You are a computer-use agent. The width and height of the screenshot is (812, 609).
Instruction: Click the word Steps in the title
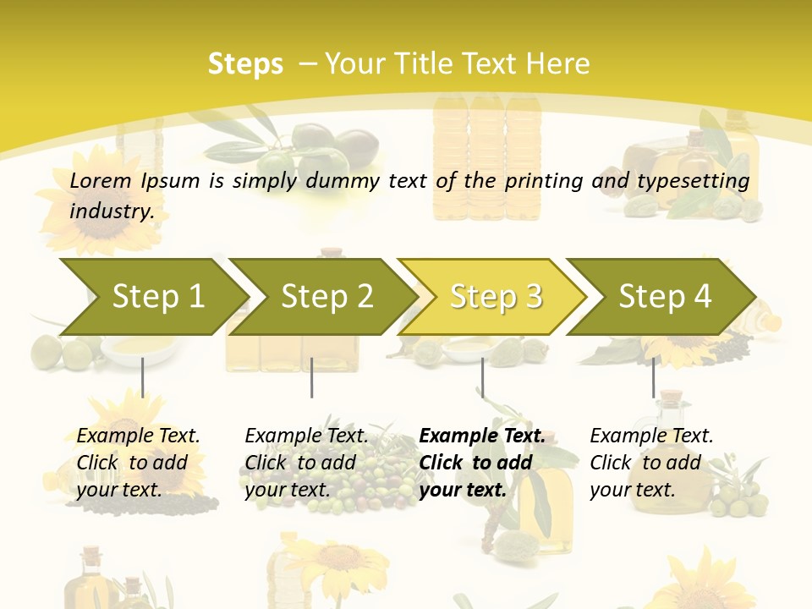245,64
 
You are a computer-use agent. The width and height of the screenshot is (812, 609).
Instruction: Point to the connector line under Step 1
142,377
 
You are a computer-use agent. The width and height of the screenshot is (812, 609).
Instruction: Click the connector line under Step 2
312,377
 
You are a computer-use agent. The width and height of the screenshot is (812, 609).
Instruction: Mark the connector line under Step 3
482,377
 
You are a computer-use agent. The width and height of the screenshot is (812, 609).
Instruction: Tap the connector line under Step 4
653,377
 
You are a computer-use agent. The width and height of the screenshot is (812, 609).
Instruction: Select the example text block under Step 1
138,463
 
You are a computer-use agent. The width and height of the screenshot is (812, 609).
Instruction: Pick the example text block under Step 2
306,463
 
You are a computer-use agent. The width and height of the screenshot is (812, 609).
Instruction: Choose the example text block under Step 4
651,463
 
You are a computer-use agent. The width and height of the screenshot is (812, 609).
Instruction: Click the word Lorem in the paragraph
101,181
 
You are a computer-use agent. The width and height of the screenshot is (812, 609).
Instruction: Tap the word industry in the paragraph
111,211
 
